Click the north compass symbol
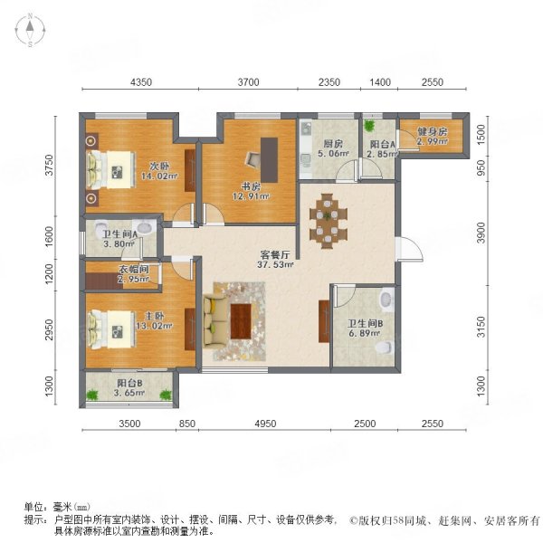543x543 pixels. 29,31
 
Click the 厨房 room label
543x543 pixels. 331,143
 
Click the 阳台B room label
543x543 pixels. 129,384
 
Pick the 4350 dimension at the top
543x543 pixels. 140,82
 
